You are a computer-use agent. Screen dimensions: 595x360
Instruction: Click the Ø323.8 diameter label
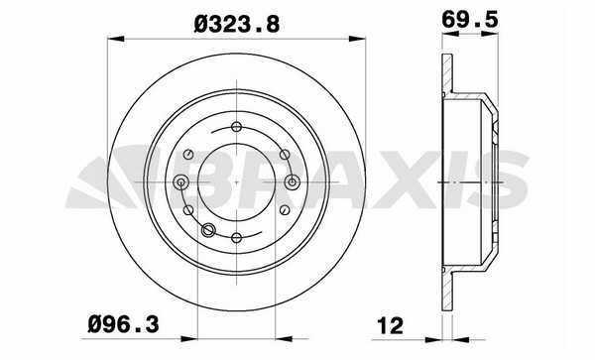[237, 24]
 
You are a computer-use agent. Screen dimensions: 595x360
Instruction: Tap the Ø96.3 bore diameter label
[123, 324]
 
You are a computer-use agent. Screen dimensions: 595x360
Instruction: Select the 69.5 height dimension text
[469, 19]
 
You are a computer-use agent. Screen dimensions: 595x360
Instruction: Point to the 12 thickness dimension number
[391, 326]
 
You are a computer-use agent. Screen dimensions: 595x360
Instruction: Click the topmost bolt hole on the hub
[236, 127]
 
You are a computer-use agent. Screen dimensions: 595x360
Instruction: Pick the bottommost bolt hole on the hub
[236, 238]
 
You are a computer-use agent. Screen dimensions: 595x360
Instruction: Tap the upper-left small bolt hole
[188, 155]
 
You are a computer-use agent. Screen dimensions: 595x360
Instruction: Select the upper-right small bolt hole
[285, 155]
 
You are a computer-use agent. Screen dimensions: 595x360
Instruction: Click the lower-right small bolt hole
[285, 210]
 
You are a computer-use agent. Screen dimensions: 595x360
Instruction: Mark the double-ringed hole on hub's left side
[181, 182]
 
